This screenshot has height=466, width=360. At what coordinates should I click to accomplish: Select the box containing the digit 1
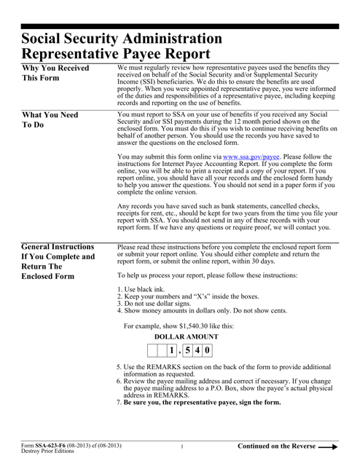pyautogui.click(x=171, y=352)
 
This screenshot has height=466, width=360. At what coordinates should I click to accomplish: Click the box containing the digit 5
pyautogui.click(x=187, y=352)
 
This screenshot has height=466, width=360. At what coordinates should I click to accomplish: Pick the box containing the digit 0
pyautogui.click(x=207, y=352)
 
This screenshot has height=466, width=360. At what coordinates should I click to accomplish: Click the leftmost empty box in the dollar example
pyautogui.click(x=152, y=352)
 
